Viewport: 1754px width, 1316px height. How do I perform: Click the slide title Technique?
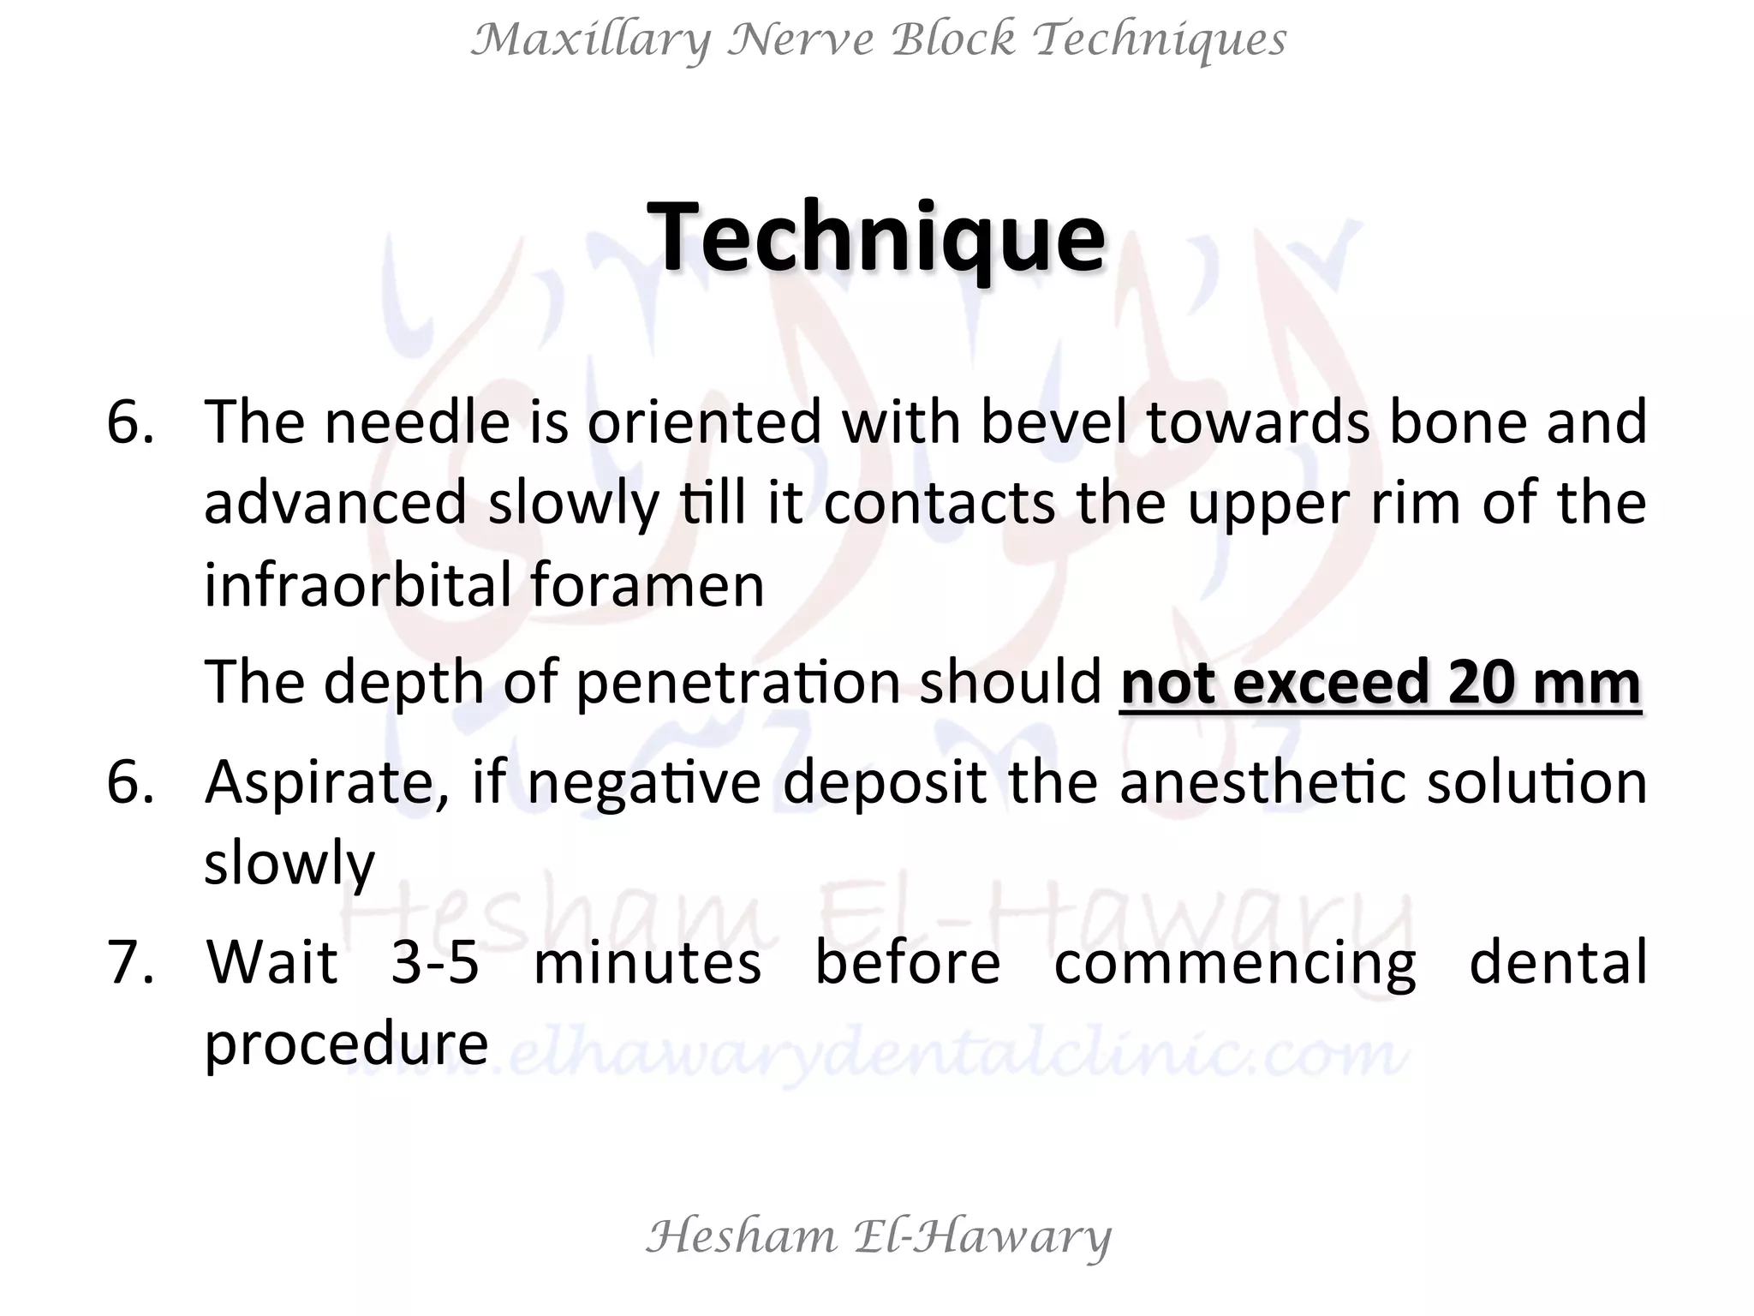click(876, 237)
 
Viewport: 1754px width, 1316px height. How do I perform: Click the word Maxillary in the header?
click(591, 40)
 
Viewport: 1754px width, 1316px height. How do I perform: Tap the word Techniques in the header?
click(1160, 40)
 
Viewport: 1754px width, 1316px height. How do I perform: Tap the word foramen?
click(647, 585)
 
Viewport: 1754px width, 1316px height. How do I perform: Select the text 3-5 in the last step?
click(434, 962)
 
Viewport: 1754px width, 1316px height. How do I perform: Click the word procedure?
click(346, 1044)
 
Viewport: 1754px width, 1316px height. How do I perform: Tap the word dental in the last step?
click(1558, 962)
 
